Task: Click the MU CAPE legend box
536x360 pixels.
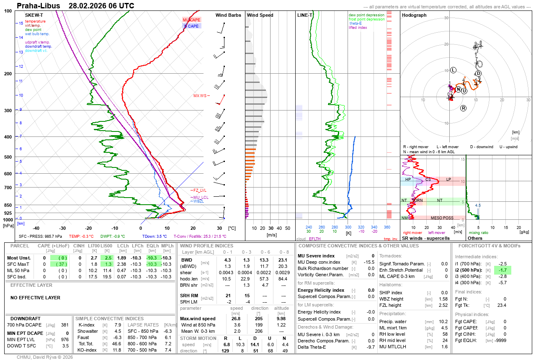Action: click(x=192, y=20)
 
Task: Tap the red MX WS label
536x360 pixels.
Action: click(x=200, y=96)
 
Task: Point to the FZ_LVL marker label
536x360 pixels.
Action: click(x=200, y=190)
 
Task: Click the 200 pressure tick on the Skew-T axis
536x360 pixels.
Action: click(x=8, y=74)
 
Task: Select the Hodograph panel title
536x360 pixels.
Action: click(x=414, y=15)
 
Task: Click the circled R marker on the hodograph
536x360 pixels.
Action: click(x=464, y=108)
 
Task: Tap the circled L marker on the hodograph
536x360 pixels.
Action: click(x=454, y=70)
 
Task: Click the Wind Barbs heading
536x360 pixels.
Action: click(x=228, y=15)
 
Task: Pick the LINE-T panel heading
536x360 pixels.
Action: click(x=305, y=15)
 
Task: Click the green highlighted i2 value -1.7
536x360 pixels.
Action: click(x=502, y=270)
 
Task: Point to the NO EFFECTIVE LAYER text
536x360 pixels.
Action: click(x=35, y=298)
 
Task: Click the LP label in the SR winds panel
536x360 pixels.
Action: click(x=448, y=180)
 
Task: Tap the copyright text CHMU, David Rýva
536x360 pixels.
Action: click(x=45, y=357)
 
